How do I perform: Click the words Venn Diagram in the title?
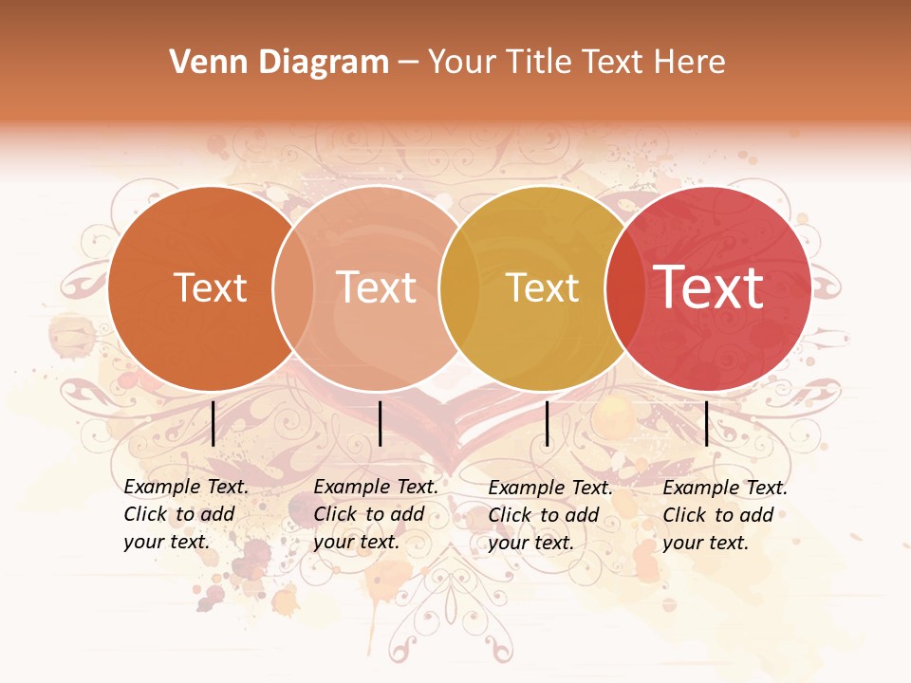coord(279,63)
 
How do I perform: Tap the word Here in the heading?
coord(690,63)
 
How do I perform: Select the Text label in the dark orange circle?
coord(211,287)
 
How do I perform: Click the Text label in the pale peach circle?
coord(377,287)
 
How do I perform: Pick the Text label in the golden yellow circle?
coord(543,287)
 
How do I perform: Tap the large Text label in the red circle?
coord(709,287)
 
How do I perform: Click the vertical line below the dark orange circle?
coord(213,423)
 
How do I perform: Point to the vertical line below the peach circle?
coord(380,423)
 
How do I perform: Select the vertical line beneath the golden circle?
coord(547,423)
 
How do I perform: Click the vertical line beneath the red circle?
coord(706,423)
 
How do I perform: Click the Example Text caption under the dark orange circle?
coord(186,514)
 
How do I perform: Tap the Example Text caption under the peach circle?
coord(376,514)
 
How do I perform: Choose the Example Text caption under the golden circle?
coord(550,515)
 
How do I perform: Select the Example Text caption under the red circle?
coord(725,515)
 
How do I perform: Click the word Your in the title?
coord(461,63)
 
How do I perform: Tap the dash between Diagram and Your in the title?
coord(408,63)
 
